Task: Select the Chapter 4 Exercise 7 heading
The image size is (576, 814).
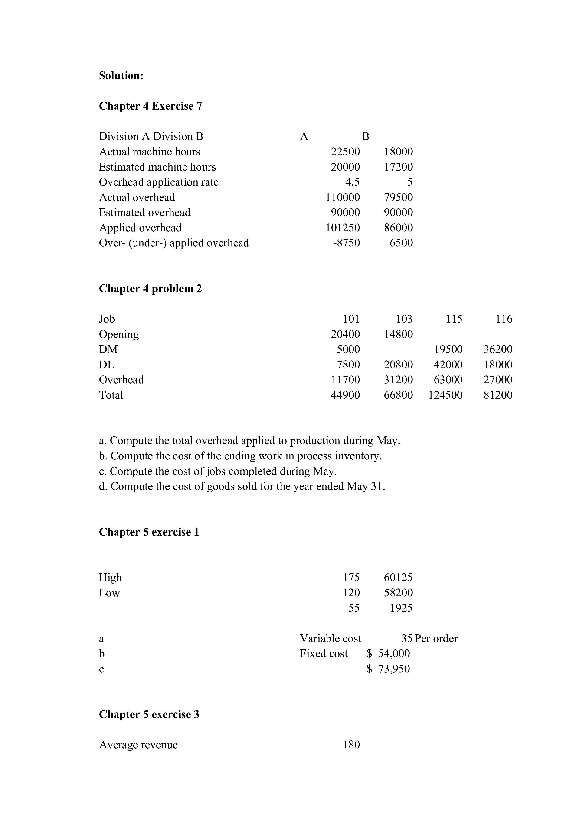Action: [x=151, y=106]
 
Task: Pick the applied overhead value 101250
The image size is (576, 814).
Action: [x=343, y=228]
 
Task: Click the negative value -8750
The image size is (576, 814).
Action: [x=346, y=243]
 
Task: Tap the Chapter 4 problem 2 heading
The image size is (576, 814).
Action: [x=151, y=289]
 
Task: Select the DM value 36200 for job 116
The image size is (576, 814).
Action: [x=498, y=349]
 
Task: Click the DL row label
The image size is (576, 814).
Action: [x=106, y=365]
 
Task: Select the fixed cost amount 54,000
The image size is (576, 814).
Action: [x=394, y=653]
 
